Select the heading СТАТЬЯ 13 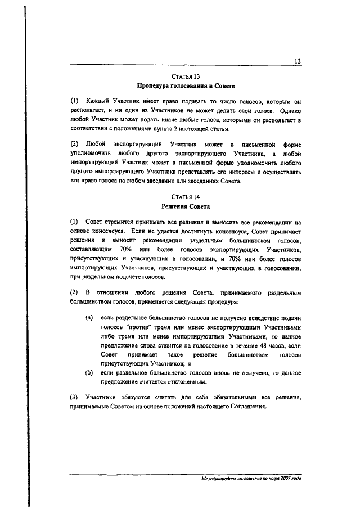click(x=185, y=76)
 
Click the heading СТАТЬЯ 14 click(x=185, y=196)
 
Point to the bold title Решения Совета click(x=185, y=206)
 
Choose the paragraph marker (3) click(x=74, y=398)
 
